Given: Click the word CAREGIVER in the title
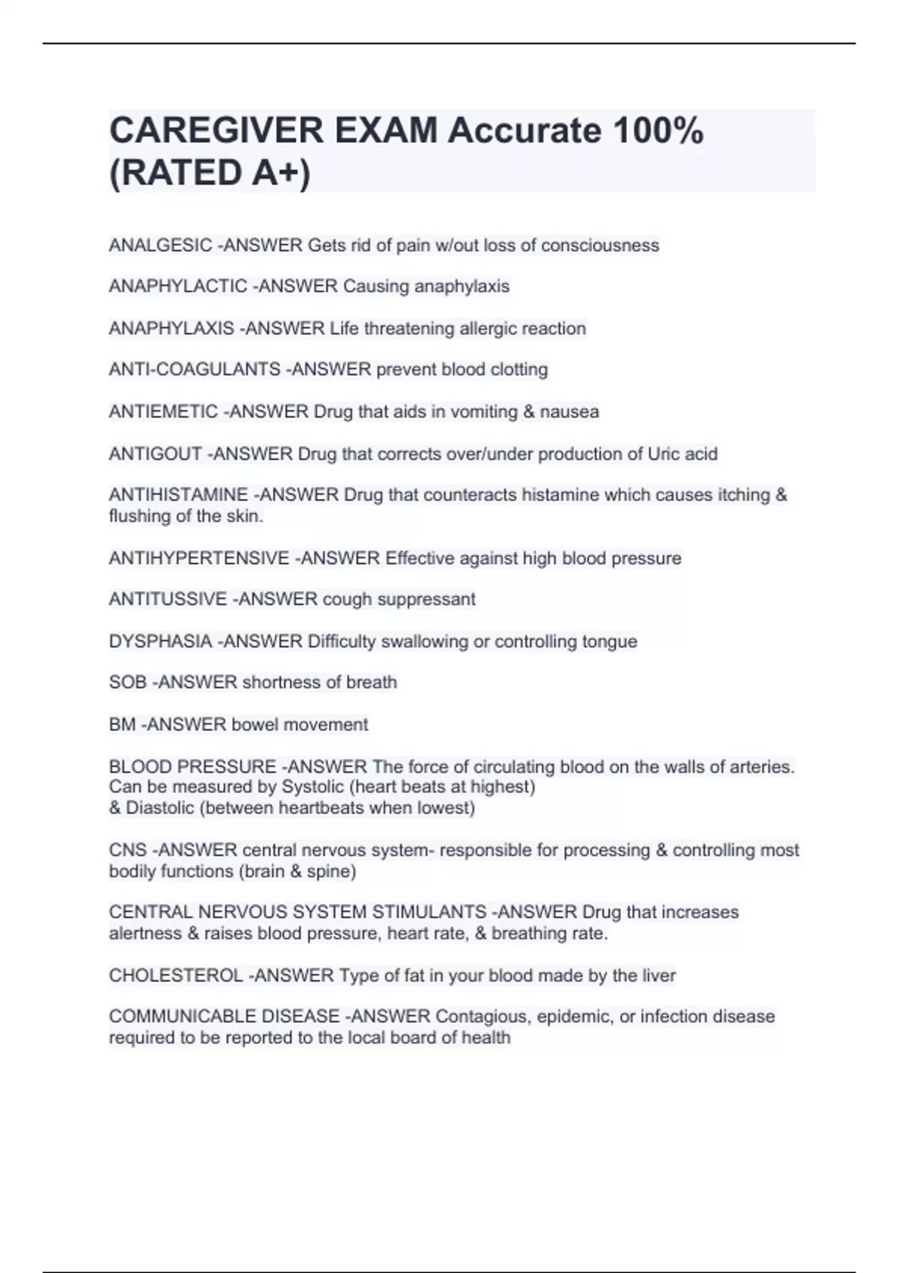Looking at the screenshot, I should pyautogui.click(x=216, y=131).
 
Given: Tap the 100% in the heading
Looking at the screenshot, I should pyautogui.click(x=658, y=131).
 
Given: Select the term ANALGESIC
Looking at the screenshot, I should pyautogui.click(x=160, y=246).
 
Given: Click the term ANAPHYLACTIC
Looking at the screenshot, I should pyautogui.click(x=178, y=286).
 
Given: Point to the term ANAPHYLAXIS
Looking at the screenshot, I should pyautogui.click(x=172, y=329).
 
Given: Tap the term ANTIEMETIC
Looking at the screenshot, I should pyautogui.click(x=163, y=412).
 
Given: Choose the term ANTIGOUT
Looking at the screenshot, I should pyautogui.click(x=155, y=454).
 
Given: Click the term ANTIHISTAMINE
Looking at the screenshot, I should pyautogui.click(x=178, y=495).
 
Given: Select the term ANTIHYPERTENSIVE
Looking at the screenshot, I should pyautogui.click(x=199, y=559).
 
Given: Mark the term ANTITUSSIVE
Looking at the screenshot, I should pyautogui.click(x=168, y=599).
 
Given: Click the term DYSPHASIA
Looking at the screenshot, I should pyautogui.click(x=160, y=642).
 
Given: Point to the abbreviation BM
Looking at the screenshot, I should pyautogui.click(x=122, y=725).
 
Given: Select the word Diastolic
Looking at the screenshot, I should pyautogui.click(x=160, y=808).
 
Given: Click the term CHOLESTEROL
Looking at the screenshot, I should pyautogui.click(x=175, y=976).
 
